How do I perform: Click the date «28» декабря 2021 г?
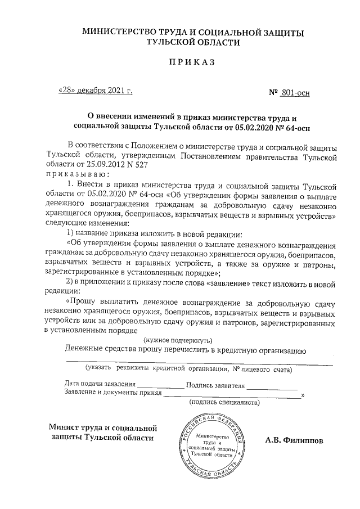coord(96,90)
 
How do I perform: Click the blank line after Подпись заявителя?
coord(272,386)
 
